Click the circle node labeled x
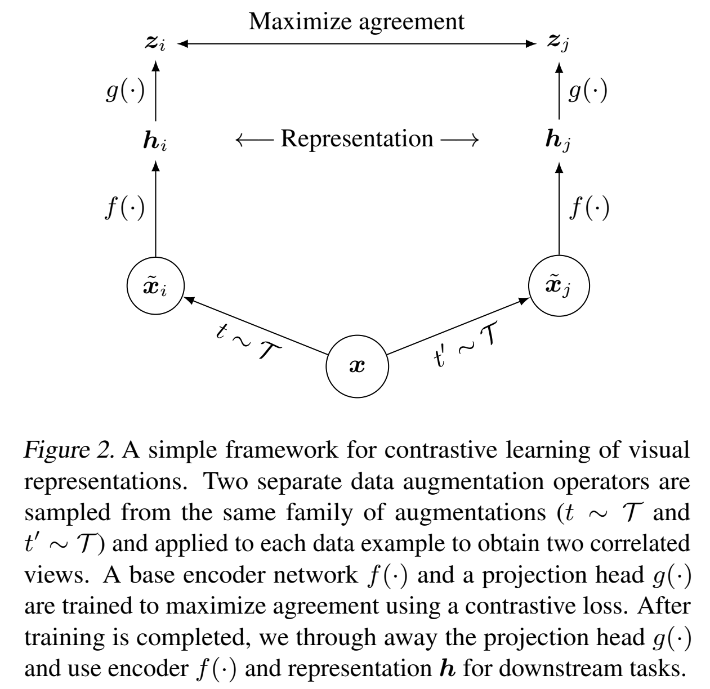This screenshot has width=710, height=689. (357, 366)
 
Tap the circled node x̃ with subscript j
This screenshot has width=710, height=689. (559, 286)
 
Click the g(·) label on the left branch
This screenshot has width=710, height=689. (125, 91)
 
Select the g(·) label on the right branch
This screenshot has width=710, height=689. (588, 91)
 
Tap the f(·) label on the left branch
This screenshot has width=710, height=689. (125, 209)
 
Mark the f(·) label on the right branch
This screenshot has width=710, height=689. (589, 209)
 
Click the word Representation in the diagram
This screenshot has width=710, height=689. (357, 138)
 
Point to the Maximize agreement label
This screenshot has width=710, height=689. (357, 21)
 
